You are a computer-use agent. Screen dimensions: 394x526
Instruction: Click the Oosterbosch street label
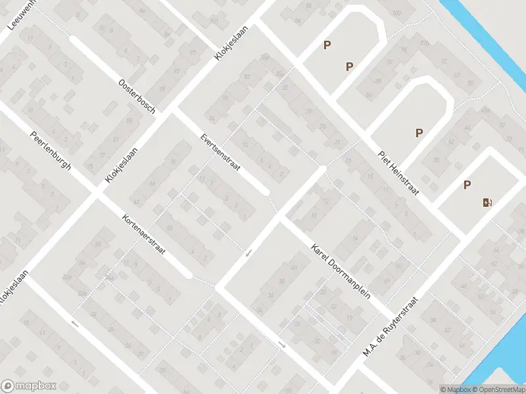click(137, 97)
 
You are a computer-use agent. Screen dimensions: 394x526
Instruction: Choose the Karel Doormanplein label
click(341, 272)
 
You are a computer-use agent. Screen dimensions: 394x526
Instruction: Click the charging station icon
click(487, 202)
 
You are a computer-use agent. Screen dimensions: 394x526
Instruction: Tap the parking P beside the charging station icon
click(467, 185)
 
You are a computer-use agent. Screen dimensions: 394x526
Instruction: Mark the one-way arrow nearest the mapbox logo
click(75, 323)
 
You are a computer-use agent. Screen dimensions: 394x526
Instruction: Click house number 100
click(395, 13)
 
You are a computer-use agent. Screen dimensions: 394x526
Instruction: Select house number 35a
click(281, 74)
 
